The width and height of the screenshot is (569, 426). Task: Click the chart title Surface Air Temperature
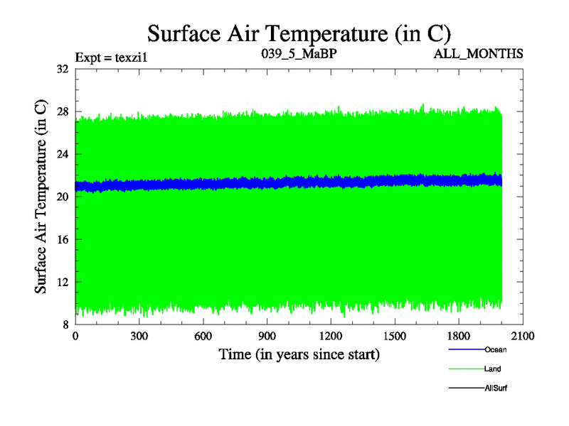(x=299, y=33)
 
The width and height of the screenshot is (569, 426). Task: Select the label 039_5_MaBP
(x=298, y=54)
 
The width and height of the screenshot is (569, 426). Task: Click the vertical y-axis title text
(x=41, y=197)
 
